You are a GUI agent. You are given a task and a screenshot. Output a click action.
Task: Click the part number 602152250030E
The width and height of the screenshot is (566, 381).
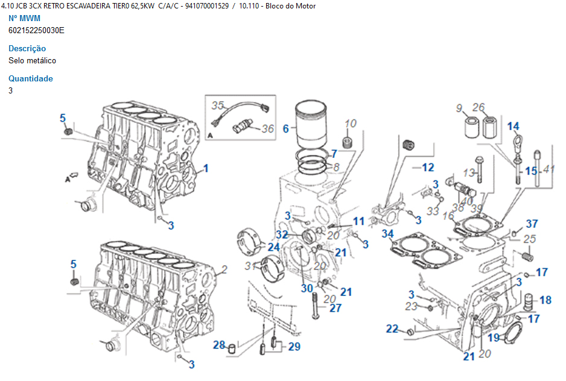pos(36,30)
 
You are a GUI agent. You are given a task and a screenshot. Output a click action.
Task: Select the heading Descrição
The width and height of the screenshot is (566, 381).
pos(27,48)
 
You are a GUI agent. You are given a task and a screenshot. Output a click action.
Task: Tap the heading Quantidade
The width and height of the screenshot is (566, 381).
pos(31,78)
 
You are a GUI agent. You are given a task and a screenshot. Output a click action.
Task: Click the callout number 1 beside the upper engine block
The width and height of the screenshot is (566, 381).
pos(206,168)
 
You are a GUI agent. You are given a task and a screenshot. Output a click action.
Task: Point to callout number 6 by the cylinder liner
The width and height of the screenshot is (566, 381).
pos(286,128)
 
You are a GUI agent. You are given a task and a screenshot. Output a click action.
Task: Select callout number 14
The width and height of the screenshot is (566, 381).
pos(513,126)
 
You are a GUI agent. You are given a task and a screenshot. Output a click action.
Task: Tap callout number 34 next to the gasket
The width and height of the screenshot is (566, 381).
pos(387,233)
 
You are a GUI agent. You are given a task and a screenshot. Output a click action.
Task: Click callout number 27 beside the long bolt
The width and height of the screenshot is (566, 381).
pos(335,307)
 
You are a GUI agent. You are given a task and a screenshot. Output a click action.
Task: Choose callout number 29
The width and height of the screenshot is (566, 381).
pos(294,346)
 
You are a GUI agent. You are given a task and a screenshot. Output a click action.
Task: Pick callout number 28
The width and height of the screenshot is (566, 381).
pos(218,345)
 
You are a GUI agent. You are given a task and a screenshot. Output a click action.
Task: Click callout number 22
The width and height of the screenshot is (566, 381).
pos(392,329)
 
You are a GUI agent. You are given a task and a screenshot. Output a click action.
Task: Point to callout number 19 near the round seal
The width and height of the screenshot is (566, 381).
pos(494,338)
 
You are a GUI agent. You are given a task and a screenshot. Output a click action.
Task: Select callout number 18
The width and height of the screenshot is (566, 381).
pos(545,300)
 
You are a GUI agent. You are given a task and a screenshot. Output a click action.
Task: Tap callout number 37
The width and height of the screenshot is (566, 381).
pos(532,224)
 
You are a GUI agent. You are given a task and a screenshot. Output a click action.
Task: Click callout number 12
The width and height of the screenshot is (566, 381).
pos(428,167)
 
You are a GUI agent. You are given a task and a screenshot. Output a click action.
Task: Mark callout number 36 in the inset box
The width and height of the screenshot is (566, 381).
pos(267,128)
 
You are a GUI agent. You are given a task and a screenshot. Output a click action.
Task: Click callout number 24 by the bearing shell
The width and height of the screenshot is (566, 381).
pos(273,247)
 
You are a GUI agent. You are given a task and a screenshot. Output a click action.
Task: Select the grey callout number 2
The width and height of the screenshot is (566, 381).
pos(224,269)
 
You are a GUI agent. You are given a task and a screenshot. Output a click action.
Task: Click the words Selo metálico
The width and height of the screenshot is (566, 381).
pos(33,60)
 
